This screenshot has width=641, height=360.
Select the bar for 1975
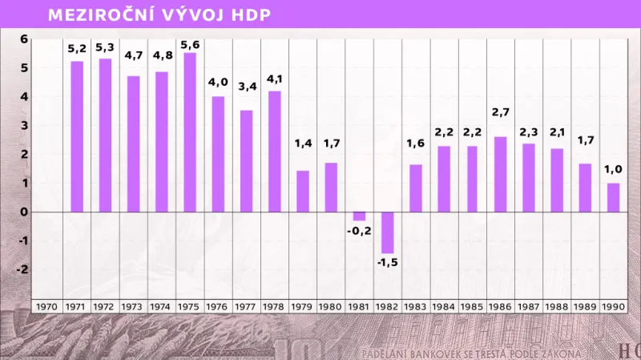coord(191,132)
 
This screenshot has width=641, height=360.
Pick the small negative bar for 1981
coord(359,216)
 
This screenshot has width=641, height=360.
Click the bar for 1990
coord(613,197)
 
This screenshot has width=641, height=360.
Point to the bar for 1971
coord(78,136)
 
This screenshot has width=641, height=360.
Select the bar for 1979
coord(303,192)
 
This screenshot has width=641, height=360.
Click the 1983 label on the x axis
coord(416,306)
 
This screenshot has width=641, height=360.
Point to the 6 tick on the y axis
coord(24,38)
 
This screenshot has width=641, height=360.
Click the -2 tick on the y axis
coord(24,269)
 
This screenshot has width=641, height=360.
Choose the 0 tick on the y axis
coord(24,212)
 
